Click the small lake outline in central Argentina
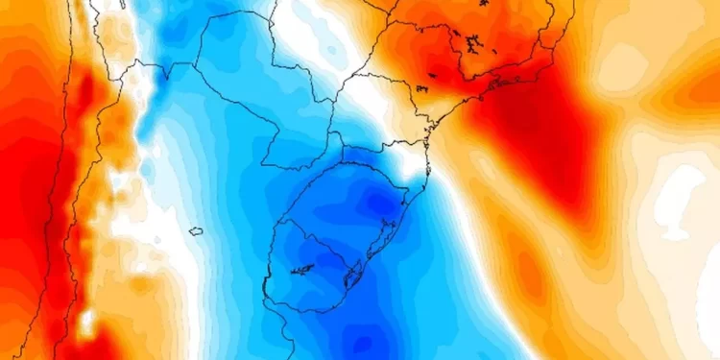point(196,230)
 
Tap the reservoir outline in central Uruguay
point(304,270)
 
